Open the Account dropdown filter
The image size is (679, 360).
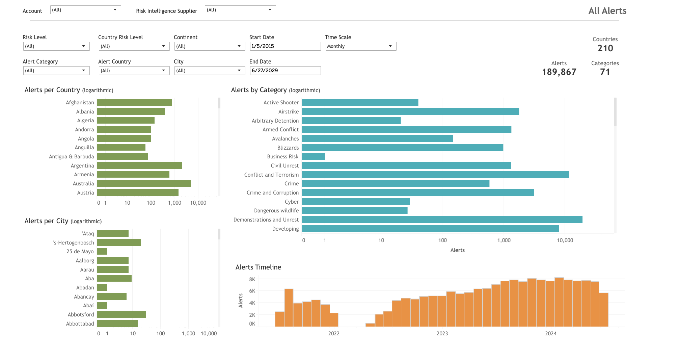[x=85, y=10]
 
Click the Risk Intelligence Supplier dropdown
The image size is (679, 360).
[x=240, y=10]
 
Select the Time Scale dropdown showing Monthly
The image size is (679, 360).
[x=360, y=46]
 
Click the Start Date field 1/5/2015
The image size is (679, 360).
[x=285, y=46]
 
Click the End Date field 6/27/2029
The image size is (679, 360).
[x=285, y=71]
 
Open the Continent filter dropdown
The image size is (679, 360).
[x=209, y=46]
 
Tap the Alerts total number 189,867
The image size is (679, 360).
[x=559, y=72]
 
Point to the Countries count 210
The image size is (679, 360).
[x=605, y=48]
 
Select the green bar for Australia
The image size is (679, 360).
[x=144, y=183]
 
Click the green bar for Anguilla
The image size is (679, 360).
[x=121, y=148]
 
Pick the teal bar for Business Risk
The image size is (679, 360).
[x=313, y=156]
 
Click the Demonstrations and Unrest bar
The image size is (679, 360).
[x=442, y=220]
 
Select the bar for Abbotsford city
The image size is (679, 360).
[x=121, y=314]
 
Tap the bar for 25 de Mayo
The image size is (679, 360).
[x=102, y=251]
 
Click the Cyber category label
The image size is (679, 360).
[x=292, y=202]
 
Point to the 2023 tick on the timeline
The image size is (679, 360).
[x=442, y=333]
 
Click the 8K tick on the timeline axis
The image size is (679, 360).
[x=252, y=279]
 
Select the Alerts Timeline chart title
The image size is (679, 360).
[x=258, y=267]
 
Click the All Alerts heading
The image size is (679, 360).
[x=607, y=11]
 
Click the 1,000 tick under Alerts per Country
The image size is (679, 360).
[x=174, y=203]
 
